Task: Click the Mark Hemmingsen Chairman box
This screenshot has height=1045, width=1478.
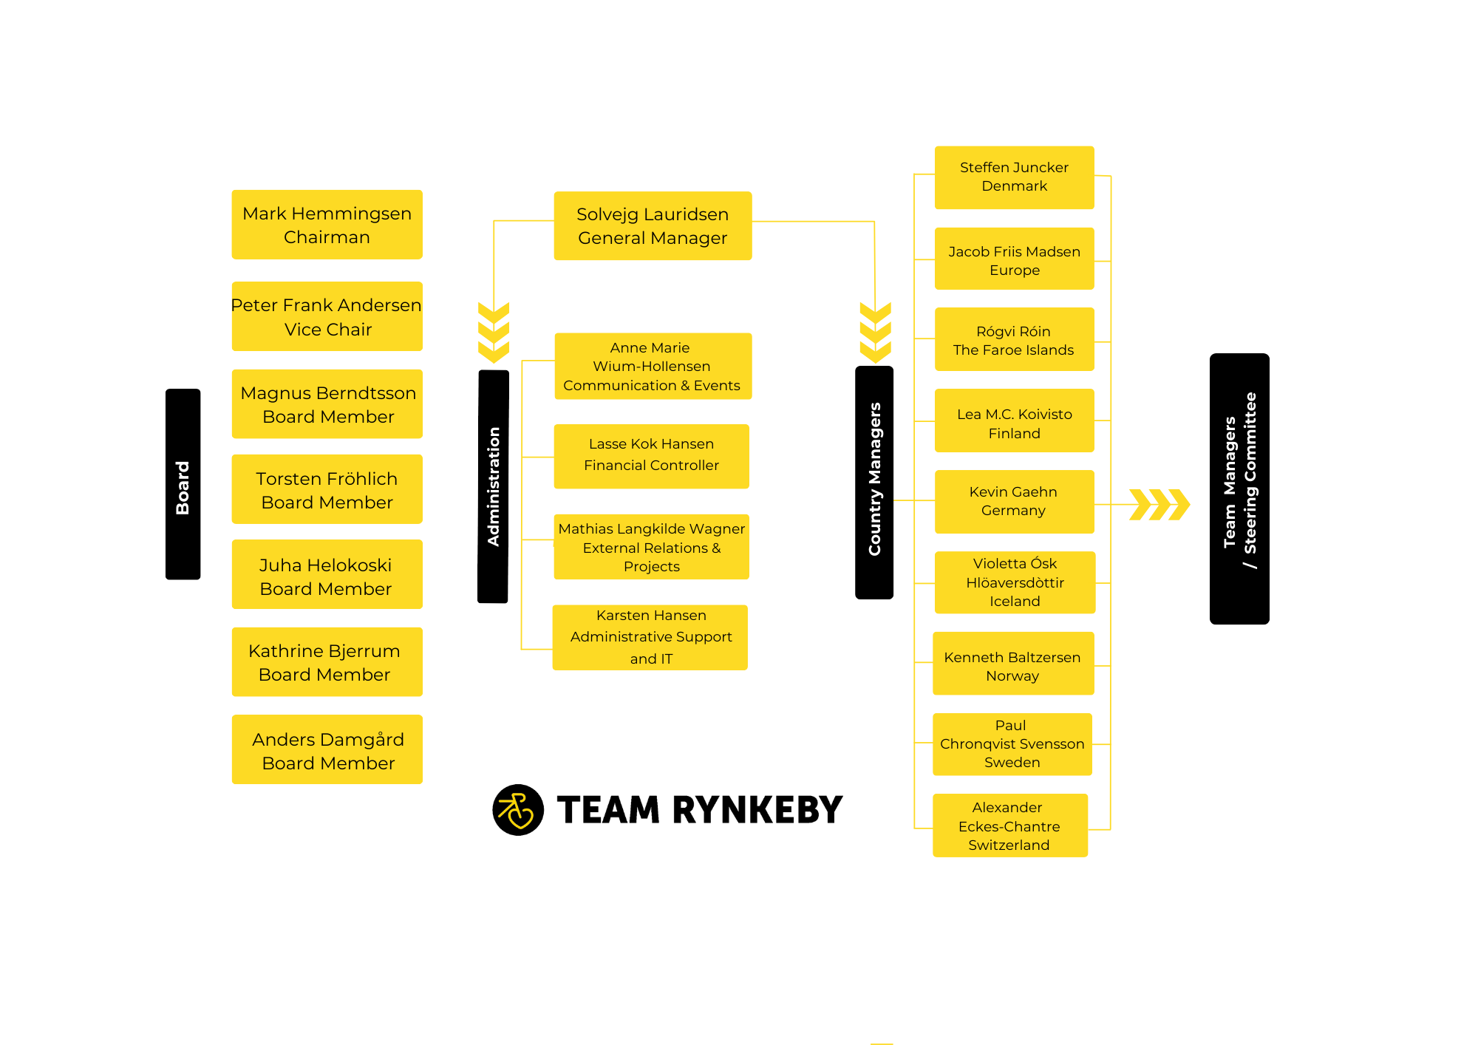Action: click(x=327, y=225)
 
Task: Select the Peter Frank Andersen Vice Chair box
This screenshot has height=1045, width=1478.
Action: click(x=327, y=316)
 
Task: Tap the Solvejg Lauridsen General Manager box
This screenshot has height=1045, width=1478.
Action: click(x=653, y=225)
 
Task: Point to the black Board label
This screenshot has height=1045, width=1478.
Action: click(x=183, y=484)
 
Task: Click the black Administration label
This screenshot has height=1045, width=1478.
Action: click(x=493, y=486)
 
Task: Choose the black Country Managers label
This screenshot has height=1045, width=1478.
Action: click(x=874, y=482)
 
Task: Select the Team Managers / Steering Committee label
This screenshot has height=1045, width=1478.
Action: click(x=1239, y=489)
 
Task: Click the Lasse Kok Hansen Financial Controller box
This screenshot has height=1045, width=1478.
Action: click(x=651, y=455)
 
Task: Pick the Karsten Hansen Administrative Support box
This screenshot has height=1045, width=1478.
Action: click(x=650, y=637)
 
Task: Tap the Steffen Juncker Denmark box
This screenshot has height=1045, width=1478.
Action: click(x=1014, y=177)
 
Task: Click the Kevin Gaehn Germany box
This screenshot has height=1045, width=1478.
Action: click(x=1014, y=501)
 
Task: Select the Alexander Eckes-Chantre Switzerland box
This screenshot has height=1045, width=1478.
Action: click(x=1009, y=826)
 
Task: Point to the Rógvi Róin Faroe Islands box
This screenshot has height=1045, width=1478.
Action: click(x=1014, y=339)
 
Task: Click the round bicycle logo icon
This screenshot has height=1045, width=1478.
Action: click(x=518, y=810)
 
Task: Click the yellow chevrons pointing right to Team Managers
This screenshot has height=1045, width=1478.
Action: click(x=1159, y=505)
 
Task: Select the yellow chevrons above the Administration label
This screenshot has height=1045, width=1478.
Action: click(x=494, y=332)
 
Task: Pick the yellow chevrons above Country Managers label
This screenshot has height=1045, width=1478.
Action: click(x=875, y=332)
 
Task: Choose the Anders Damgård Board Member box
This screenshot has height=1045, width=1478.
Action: click(x=327, y=749)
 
